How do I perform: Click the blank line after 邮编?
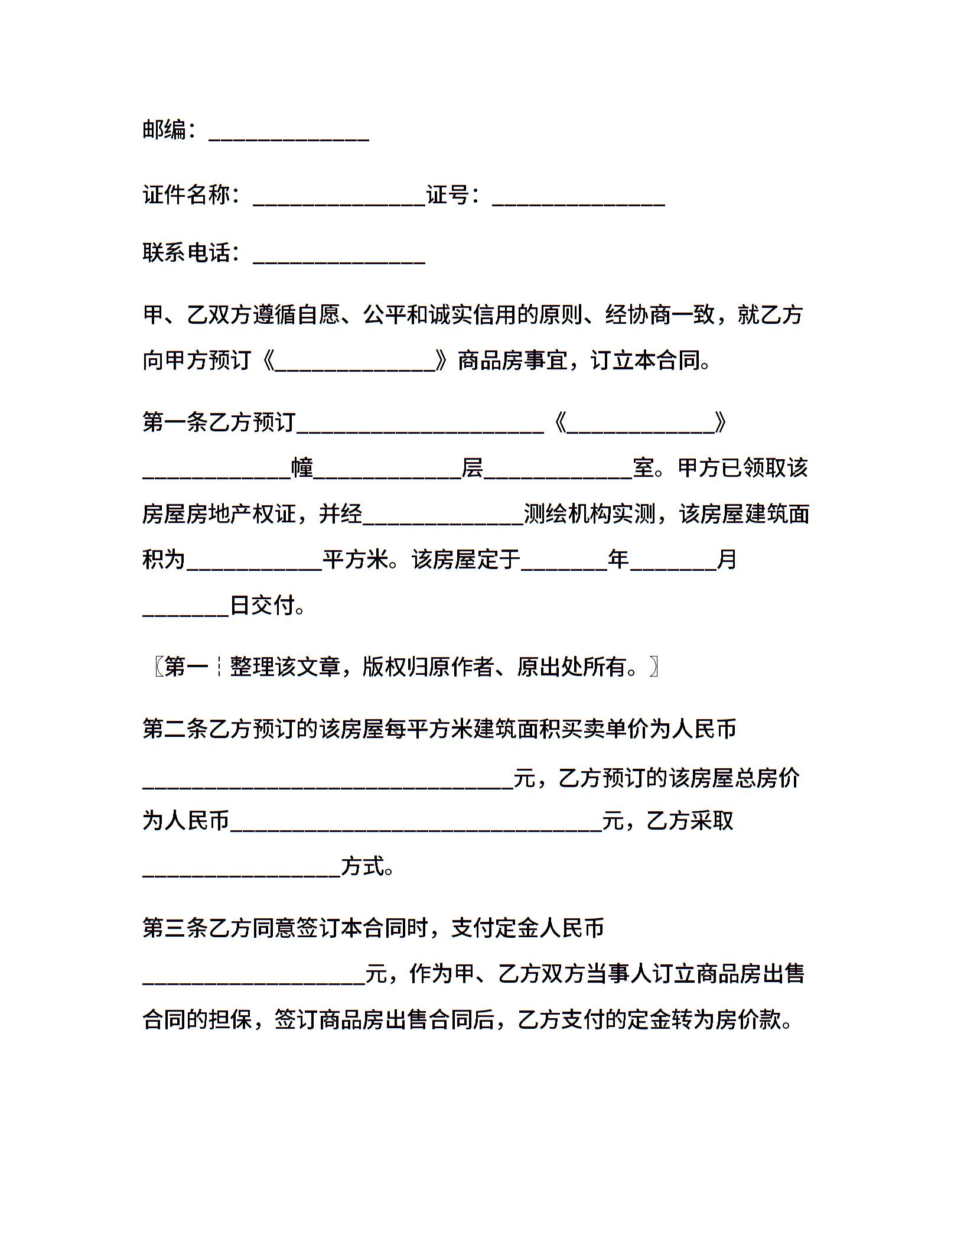click(x=289, y=134)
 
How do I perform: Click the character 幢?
click(x=302, y=468)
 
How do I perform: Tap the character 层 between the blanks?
click(x=472, y=468)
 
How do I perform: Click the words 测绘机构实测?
click(x=590, y=513)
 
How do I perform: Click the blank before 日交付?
click(x=185, y=609)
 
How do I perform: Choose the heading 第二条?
click(x=175, y=729)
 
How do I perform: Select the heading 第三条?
click(x=175, y=928)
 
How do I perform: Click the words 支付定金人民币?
click(x=527, y=928)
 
